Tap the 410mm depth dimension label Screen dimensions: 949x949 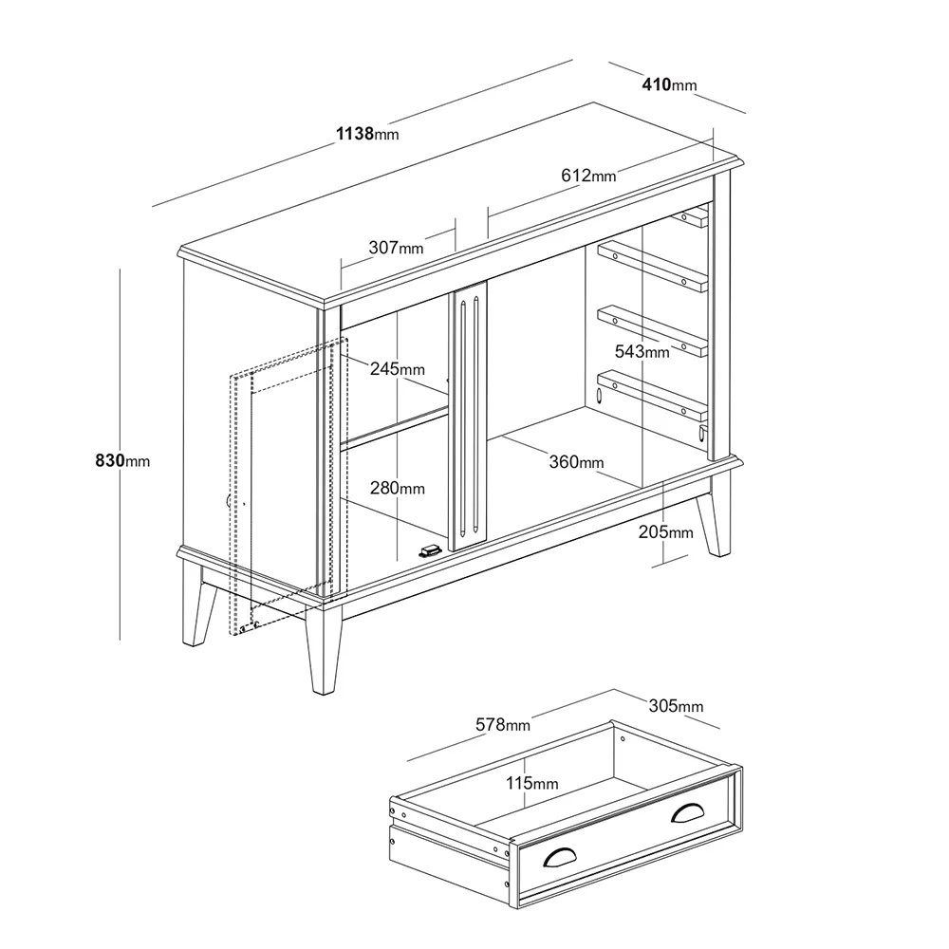(x=669, y=85)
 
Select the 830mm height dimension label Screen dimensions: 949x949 (x=122, y=460)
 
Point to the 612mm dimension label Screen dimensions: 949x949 (x=588, y=176)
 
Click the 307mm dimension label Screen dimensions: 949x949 (x=396, y=248)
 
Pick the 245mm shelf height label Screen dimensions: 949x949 (x=397, y=368)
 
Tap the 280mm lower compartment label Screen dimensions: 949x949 (x=397, y=488)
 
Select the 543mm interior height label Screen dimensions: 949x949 (x=642, y=352)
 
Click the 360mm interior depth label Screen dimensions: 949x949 (x=576, y=462)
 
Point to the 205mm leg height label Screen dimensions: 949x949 (x=665, y=532)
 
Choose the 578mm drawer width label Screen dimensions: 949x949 (x=502, y=724)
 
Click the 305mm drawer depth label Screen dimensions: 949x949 (x=676, y=706)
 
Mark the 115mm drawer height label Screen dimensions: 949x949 (x=532, y=783)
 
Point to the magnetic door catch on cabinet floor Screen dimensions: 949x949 (x=429, y=550)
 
